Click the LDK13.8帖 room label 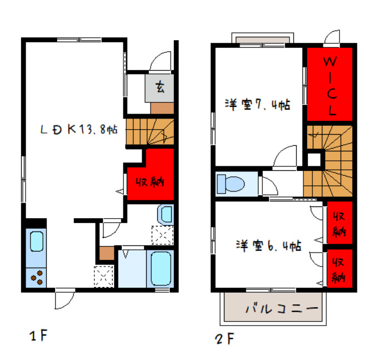click(x=78, y=129)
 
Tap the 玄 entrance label click(x=160, y=87)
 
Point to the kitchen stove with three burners click(x=37, y=277)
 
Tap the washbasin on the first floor click(x=166, y=213)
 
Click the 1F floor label click(x=39, y=336)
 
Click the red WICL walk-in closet click(x=330, y=85)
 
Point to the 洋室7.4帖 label click(x=257, y=104)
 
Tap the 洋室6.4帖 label click(x=268, y=245)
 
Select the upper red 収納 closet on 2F click(x=340, y=223)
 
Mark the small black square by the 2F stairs click(x=315, y=159)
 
